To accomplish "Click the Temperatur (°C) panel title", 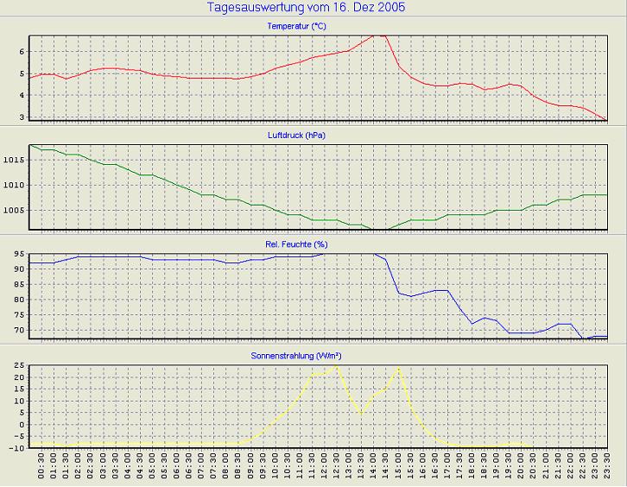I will (296, 27).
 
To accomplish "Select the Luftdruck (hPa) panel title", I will (296, 136).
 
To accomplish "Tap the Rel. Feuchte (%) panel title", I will (296, 244).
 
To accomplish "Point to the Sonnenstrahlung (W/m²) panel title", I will (296, 354).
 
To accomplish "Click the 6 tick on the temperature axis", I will (22, 52).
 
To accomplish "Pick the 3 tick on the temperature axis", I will (22, 117).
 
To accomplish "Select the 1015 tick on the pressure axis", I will (15, 160).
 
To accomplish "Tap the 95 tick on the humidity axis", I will (19, 255).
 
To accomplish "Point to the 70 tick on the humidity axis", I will (19, 331).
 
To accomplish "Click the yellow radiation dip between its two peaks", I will (361, 414).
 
